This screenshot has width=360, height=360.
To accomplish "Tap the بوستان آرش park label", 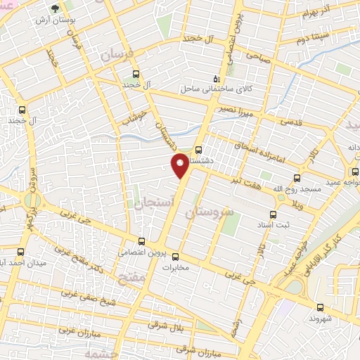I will tap(54, 21).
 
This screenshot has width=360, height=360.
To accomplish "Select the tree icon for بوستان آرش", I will tap(55, 9).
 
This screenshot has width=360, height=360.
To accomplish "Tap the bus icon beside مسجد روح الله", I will tap(297, 178).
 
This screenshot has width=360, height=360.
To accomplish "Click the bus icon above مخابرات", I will tap(176, 257).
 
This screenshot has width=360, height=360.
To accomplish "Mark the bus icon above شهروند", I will tap(321, 307).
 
